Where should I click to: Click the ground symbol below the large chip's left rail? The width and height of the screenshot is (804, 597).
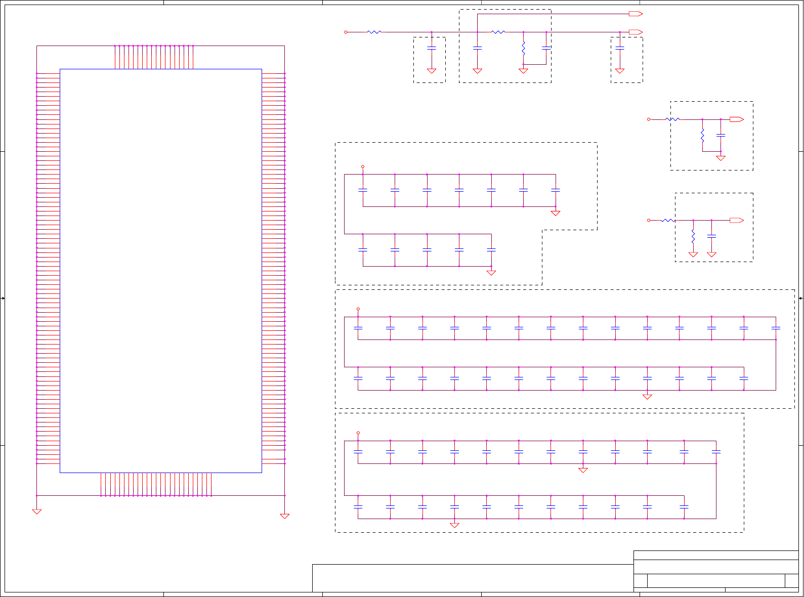(x=37, y=511)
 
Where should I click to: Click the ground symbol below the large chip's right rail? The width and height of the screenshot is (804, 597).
(x=285, y=516)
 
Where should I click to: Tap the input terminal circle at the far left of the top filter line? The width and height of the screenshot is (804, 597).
(x=346, y=32)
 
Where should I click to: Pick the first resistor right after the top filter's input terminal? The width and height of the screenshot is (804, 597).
(x=374, y=32)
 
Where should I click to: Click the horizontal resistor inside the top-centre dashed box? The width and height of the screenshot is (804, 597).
(x=498, y=32)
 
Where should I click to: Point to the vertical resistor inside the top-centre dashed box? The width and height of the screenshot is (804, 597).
(x=524, y=49)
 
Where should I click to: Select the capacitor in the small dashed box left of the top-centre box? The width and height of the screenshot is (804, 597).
(x=432, y=48)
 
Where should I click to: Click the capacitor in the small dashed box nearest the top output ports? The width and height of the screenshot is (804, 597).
(x=620, y=48)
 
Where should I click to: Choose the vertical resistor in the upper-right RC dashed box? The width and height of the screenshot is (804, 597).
(x=702, y=135)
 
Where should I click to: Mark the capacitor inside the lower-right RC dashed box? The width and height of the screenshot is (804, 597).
(x=712, y=236)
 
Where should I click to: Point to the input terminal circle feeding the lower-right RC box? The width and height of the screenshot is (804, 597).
(x=649, y=220)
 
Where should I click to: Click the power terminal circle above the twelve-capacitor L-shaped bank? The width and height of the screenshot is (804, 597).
(x=363, y=166)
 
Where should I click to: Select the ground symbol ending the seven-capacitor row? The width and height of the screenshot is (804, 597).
(x=556, y=213)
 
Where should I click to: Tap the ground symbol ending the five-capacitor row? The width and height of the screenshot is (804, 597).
(x=491, y=273)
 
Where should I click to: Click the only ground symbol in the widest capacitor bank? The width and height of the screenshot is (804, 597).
(x=647, y=397)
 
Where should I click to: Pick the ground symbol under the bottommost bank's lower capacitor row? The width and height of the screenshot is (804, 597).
(x=454, y=525)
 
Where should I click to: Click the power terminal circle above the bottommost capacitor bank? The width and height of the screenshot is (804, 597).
(x=358, y=433)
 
